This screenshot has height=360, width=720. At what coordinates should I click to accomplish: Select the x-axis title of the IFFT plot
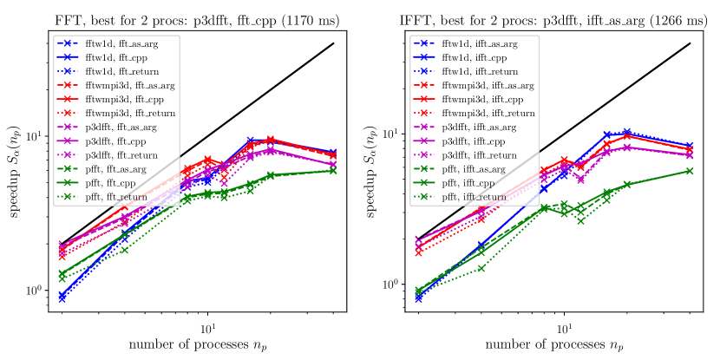(x=553, y=346)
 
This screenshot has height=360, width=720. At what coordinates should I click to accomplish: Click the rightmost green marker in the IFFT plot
(x=690, y=171)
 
